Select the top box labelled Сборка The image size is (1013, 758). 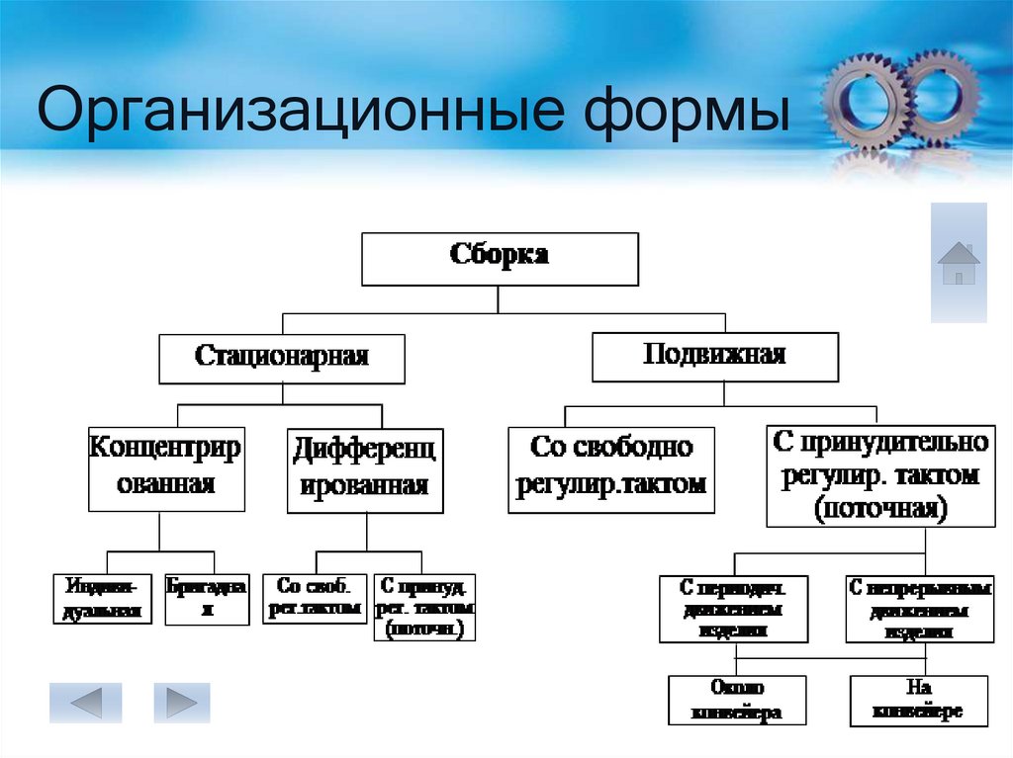click(500, 259)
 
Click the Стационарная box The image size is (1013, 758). click(282, 358)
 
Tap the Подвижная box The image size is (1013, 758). click(714, 356)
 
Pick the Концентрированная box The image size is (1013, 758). click(166, 468)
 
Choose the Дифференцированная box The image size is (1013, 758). click(365, 470)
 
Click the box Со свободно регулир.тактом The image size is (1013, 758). click(611, 468)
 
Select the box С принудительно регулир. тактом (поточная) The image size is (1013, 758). click(878, 475)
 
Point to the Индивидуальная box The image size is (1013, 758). click(102, 598)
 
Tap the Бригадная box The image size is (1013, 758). click(207, 598)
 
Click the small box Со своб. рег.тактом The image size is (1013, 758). click(315, 598)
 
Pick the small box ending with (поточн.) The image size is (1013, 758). click(424, 606)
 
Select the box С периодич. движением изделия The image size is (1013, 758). click(734, 609)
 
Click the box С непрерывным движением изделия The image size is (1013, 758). click(918, 609)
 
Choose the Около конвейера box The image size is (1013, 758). click(737, 700)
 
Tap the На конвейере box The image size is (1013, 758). click(919, 700)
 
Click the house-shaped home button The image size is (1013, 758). click(959, 263)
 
